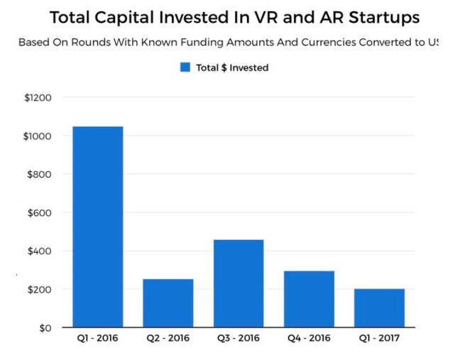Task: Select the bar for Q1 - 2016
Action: point(97,227)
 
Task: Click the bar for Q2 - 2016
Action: point(168,303)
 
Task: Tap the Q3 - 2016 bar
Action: point(238,283)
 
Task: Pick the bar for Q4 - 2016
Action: point(309,299)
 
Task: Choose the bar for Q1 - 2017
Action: point(379,308)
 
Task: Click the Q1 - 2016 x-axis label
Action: point(97,339)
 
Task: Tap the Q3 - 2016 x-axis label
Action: point(238,339)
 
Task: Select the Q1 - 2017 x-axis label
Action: point(379,339)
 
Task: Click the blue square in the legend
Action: point(185,67)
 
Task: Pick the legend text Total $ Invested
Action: point(232,67)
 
